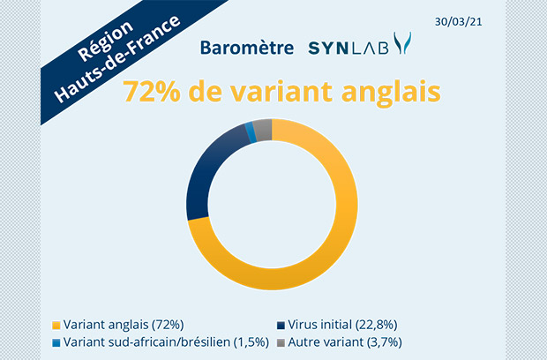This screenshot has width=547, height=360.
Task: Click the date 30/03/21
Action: (x=458, y=22)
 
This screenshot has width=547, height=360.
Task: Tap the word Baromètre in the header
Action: (x=247, y=48)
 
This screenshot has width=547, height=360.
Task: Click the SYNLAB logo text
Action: (x=348, y=49)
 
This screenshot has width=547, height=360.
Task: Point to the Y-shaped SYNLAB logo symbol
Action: (x=402, y=43)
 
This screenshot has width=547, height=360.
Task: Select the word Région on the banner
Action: (x=105, y=41)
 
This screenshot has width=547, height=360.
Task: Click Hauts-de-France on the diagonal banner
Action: (x=117, y=59)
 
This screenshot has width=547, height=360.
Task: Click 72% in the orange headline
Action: (x=152, y=92)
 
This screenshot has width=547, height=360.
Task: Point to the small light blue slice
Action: (x=251, y=132)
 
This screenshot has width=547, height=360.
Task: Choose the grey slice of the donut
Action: (x=263, y=130)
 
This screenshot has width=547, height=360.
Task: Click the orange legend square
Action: (x=56, y=326)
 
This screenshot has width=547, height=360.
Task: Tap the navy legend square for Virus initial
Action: (x=281, y=326)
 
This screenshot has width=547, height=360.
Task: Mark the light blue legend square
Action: (x=56, y=343)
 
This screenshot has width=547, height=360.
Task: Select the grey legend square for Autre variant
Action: (x=281, y=343)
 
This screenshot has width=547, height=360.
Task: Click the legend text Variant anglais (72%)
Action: (x=124, y=325)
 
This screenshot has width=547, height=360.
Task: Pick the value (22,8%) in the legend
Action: (x=377, y=325)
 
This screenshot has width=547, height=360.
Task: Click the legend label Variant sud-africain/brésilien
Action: (x=146, y=342)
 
